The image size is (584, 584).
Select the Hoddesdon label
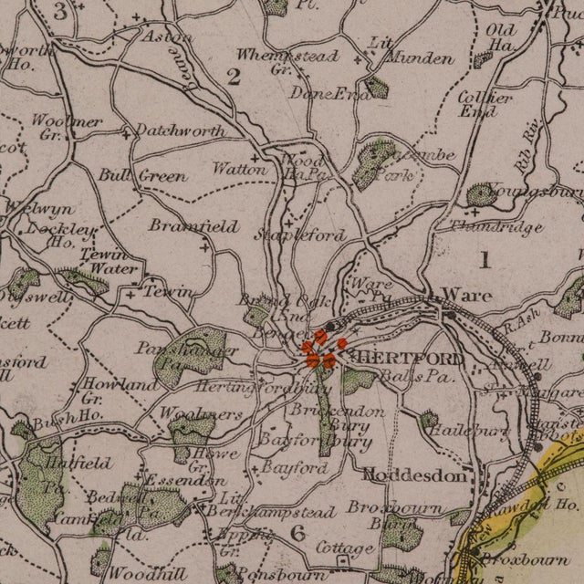tap(419, 474)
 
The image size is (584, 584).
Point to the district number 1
tap(485, 260)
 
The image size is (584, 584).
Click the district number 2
tap(234, 77)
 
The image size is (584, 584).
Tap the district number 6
tap(297, 532)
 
